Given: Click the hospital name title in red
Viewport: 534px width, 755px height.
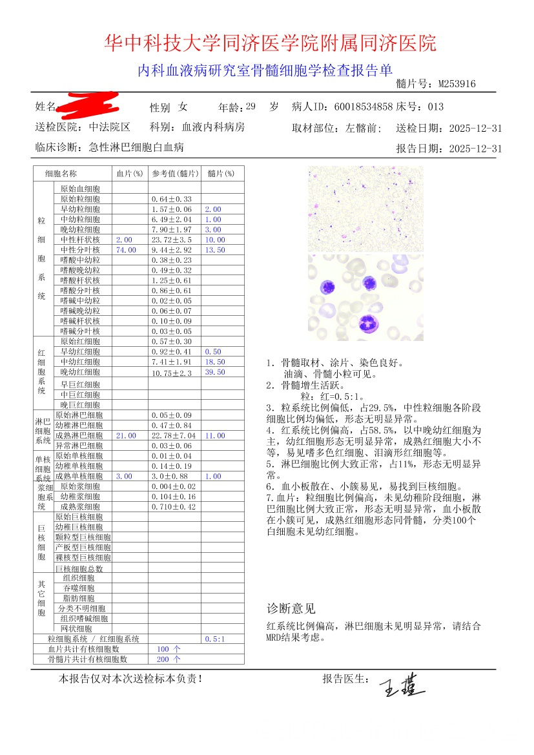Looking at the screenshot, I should [270, 43].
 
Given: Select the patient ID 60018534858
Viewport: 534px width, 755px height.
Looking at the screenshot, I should [364, 107].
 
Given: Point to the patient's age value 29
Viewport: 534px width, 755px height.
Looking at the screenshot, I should [251, 107].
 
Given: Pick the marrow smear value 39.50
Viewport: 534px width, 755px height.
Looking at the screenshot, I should [214, 372].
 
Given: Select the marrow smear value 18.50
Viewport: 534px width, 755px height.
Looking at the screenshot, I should [214, 362].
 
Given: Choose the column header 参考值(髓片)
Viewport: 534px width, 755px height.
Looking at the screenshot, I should [174, 174].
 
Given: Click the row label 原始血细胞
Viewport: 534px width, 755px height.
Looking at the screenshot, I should [80, 189].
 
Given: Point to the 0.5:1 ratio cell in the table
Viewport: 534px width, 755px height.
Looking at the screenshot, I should [214, 639].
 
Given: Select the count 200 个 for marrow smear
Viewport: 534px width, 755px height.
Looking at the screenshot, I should [169, 659].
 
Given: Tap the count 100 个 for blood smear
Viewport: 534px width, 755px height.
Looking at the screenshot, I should [169, 649].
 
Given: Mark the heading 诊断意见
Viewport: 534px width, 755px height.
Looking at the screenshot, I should [291, 608].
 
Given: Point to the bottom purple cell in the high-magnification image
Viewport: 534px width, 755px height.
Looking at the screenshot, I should [369, 322].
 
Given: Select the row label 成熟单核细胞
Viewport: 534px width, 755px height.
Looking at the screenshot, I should [79, 476].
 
